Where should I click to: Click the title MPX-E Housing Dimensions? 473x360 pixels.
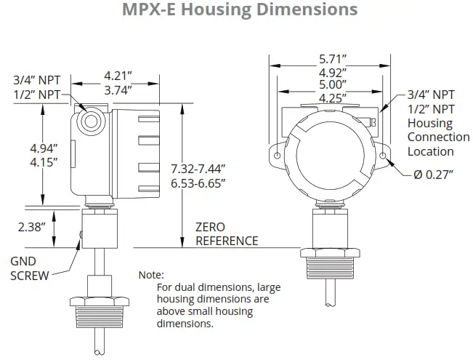tap(236, 10)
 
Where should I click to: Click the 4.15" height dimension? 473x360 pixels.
tap(45, 163)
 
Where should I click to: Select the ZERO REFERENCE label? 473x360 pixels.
tap(226, 233)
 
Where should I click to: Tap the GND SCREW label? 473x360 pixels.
tap(30, 268)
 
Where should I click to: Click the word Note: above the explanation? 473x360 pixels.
tap(151, 276)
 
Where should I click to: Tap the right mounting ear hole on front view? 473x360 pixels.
tap(383, 156)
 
